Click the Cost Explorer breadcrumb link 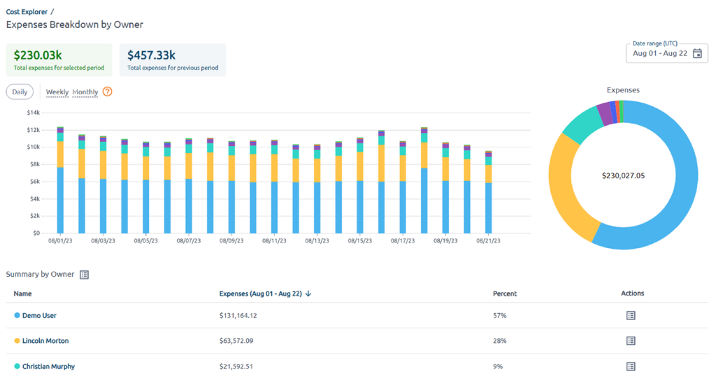[27, 11]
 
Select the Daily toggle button [20, 92]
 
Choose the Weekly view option [57, 92]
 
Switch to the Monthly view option [85, 92]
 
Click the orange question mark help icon [107, 92]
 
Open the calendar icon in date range [696, 54]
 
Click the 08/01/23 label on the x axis [60, 240]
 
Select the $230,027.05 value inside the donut [623, 175]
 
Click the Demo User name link [39, 316]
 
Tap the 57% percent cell [499, 316]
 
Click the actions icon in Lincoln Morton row [630, 341]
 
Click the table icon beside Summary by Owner [85, 275]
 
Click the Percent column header [505, 293]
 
